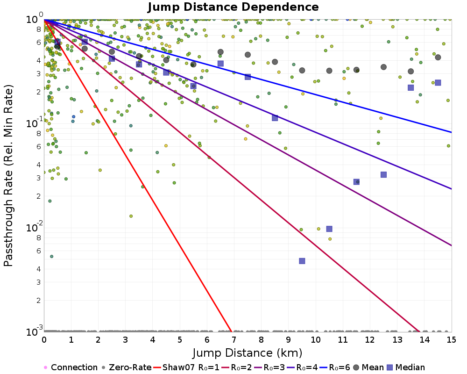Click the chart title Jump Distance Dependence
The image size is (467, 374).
click(x=233, y=7)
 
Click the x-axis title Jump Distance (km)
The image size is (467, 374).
click(x=248, y=352)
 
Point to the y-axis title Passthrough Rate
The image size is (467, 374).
click(x=9, y=175)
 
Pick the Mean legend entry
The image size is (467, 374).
click(x=371, y=367)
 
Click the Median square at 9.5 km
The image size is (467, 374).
click(x=302, y=261)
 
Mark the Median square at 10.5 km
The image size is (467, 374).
click(x=329, y=229)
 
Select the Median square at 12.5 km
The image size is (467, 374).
click(x=383, y=174)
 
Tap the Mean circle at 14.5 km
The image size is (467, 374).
click(x=438, y=58)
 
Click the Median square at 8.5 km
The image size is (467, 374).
click(x=275, y=118)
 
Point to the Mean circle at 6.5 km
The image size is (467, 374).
click(x=220, y=52)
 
